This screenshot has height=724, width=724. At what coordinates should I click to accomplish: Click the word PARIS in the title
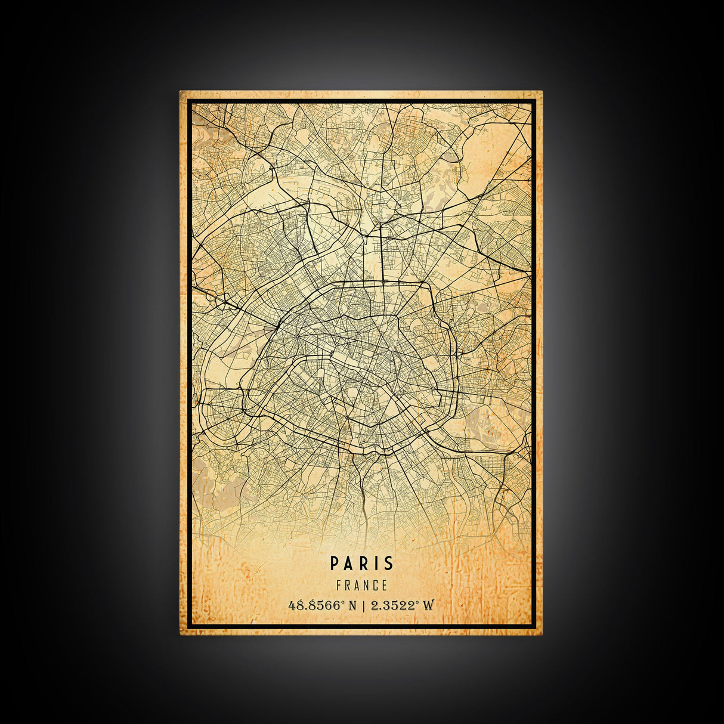pos(362,563)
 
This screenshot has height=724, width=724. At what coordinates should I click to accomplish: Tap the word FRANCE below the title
pos(362,586)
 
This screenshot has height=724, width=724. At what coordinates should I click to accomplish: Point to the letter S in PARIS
pos(388,563)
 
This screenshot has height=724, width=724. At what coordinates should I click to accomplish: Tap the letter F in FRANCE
pos(339,586)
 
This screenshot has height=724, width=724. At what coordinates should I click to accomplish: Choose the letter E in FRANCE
pos(385,586)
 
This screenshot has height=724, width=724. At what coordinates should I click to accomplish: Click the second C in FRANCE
pos(376,586)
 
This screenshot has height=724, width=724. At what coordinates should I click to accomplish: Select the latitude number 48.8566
pos(314,605)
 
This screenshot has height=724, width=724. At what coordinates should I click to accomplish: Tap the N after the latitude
pos(352,605)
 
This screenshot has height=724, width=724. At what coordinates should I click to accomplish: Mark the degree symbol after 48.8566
pos(343,602)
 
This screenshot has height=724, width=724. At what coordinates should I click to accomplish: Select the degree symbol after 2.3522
pos(419,602)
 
